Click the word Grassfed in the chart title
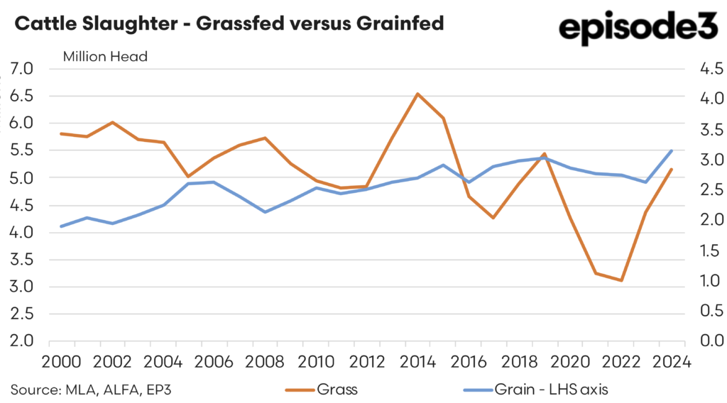(231, 23)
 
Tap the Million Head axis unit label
(105, 57)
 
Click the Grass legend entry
(334, 389)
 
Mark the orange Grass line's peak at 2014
(417, 94)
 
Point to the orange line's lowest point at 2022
(621, 280)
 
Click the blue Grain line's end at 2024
(671, 150)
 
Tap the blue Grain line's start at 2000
(62, 226)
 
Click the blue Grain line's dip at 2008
(265, 211)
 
